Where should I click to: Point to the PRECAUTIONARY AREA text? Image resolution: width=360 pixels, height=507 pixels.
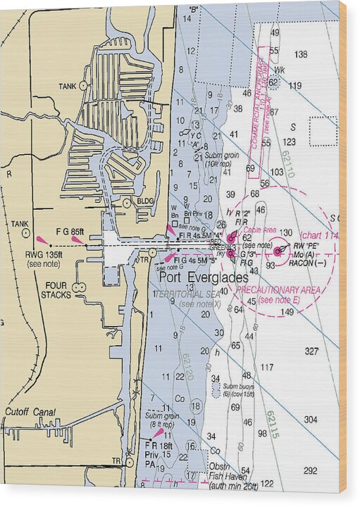pyautogui.click(x=278, y=290)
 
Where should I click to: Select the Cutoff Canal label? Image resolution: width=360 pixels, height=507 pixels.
pyautogui.click(x=30, y=412)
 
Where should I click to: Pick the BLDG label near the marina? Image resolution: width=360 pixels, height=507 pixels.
pyautogui.click(x=145, y=201)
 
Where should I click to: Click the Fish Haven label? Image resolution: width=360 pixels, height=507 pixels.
pyautogui.click(x=227, y=476)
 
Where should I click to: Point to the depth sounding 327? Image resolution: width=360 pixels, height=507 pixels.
pyautogui.click(x=311, y=351)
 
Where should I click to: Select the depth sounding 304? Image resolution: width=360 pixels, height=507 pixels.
pyautogui.click(x=311, y=420)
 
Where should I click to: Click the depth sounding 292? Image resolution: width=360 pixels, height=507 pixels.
pyautogui.click(x=310, y=470)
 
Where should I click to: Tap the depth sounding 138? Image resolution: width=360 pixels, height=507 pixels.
pyautogui.click(x=301, y=54)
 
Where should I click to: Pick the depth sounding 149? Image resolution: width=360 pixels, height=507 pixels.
pyautogui.click(x=287, y=312)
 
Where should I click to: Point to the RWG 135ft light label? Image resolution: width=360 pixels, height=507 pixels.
pyautogui.click(x=44, y=255)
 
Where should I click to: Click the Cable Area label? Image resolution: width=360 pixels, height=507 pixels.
pyautogui.click(x=260, y=230)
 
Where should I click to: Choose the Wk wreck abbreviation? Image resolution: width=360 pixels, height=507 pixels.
pyautogui.click(x=279, y=70)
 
